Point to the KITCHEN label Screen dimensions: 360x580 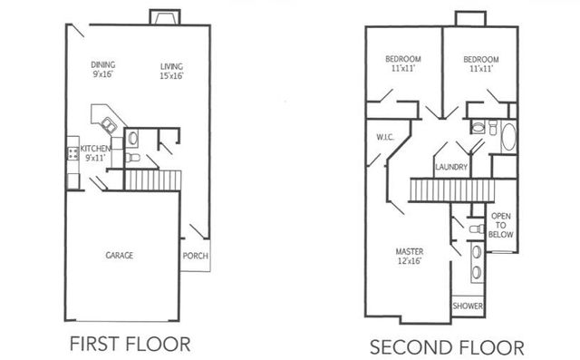95,148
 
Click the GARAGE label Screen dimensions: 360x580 118,256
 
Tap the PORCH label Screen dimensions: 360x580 196,256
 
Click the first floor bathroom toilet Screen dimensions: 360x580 132,158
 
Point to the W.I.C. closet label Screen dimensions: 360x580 382,138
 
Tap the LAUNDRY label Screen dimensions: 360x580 450,168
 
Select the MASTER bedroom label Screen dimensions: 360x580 411,251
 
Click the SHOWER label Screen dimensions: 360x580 469,306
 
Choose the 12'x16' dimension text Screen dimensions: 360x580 411,261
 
